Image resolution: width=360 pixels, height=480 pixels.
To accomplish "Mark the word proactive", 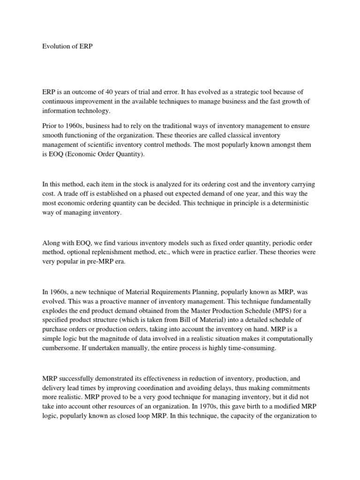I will coord(119,301).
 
